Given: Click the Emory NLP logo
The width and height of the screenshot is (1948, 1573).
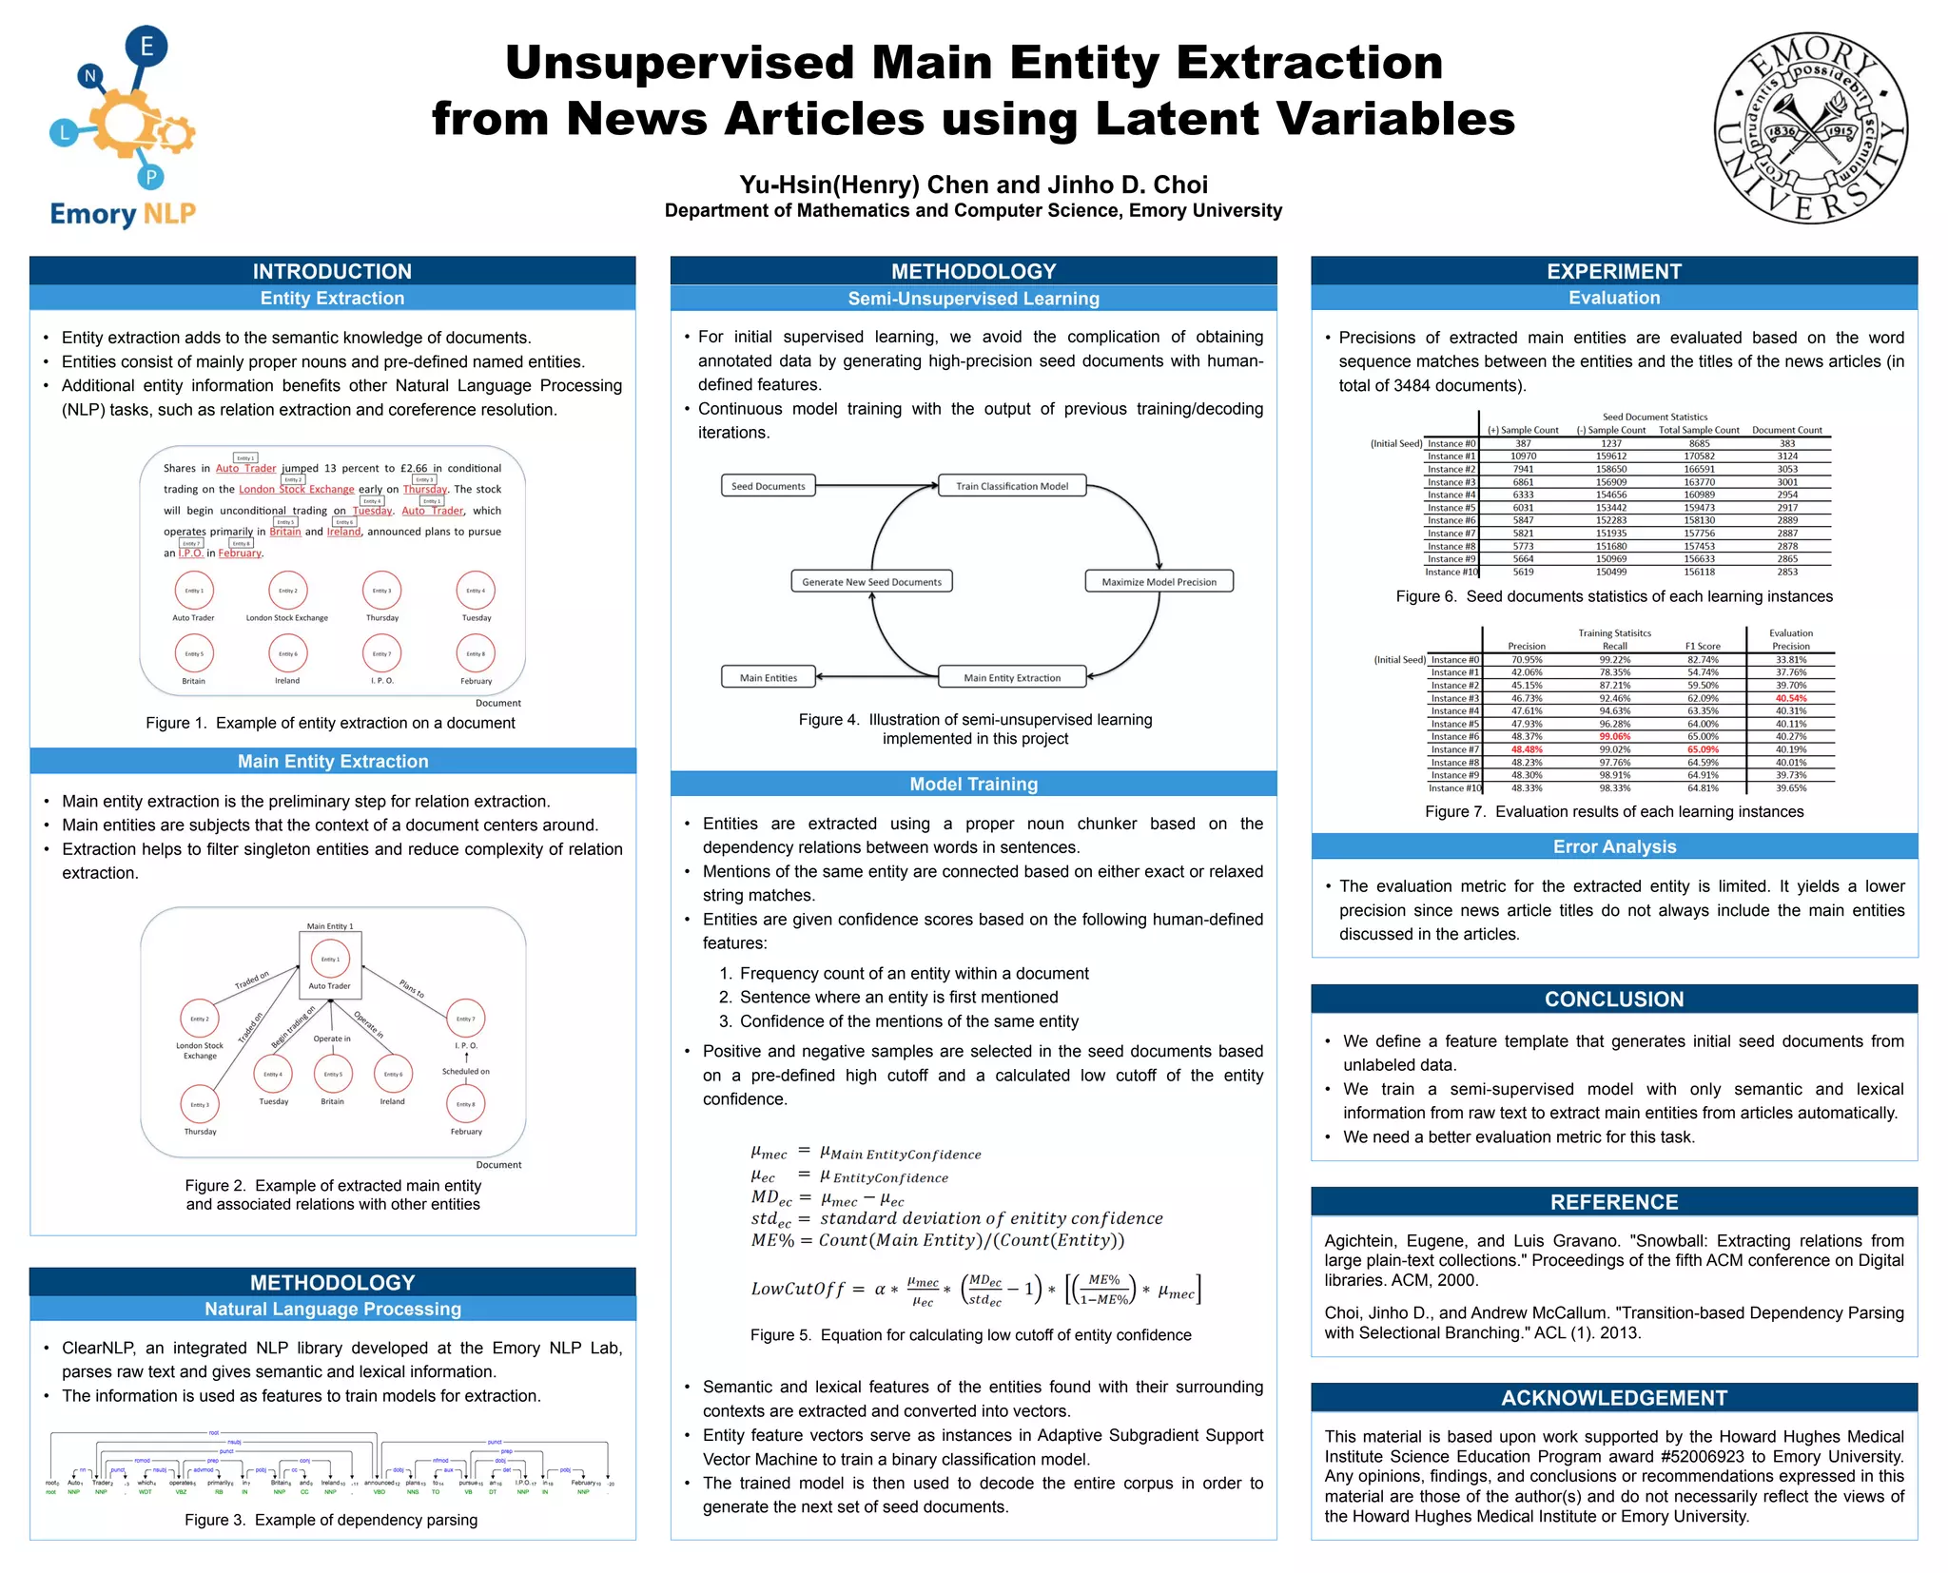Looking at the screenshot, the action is [122, 128].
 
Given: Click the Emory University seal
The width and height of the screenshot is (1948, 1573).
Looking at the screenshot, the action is [1810, 128].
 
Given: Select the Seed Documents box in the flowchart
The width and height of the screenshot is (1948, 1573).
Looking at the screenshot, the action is [768, 486].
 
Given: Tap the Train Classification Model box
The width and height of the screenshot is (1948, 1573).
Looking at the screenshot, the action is [1012, 486].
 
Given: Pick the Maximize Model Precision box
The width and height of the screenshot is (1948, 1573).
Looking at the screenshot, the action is [1159, 582].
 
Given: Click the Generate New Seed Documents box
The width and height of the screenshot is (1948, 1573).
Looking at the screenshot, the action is [871, 582].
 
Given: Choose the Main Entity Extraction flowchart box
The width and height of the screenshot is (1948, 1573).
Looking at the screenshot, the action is [1012, 678].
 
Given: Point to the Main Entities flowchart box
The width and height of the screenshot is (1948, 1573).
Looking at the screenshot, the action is [769, 678].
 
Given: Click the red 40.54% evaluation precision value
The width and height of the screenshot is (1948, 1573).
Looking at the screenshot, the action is [1791, 698].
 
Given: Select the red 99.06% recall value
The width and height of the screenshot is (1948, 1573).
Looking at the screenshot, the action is [1614, 737].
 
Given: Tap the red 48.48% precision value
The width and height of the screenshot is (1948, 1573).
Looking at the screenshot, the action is [1527, 749].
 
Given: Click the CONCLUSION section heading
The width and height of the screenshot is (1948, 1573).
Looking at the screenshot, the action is [1614, 1000].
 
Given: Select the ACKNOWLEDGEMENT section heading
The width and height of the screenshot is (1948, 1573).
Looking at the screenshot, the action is [1614, 1398].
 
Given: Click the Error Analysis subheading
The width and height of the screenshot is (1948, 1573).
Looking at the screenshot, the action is [1614, 846].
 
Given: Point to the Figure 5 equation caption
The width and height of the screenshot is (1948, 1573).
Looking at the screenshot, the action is [970, 1335].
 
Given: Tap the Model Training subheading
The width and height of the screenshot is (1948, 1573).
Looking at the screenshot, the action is [973, 785].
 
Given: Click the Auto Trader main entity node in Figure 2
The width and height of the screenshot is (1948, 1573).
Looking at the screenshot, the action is [330, 963].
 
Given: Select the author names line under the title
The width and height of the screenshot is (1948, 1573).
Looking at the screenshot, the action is [973, 184].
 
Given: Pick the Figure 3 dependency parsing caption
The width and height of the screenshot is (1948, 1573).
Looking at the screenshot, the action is [331, 1520].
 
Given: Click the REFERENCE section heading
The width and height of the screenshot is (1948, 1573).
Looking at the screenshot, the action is [1614, 1202].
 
